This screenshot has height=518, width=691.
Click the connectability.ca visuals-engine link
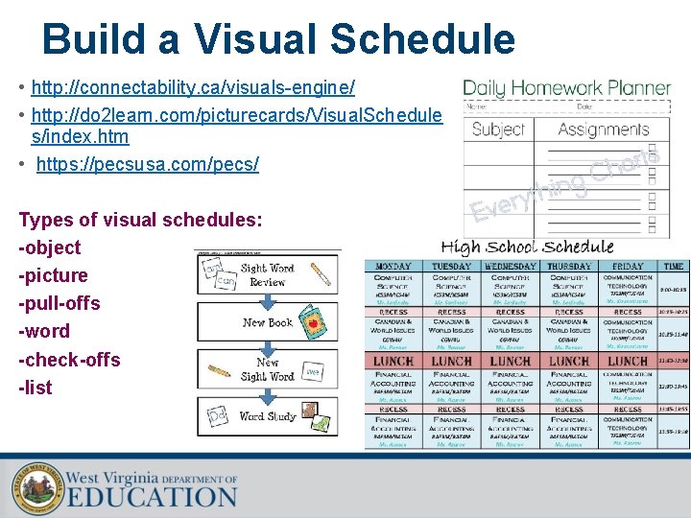[x=193, y=88]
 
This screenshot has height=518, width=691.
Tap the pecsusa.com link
[x=147, y=164]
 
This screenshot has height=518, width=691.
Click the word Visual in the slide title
[x=256, y=39]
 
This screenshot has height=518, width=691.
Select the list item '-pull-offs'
[x=60, y=303]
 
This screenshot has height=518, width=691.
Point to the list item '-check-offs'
[x=70, y=360]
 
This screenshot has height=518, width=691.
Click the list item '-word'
[x=44, y=331]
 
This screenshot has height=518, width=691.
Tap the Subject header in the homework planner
[x=499, y=129]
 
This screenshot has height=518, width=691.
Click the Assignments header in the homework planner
[x=604, y=129]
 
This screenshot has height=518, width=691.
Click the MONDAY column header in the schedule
[x=393, y=266]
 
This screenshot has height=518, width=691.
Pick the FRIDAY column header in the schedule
[x=628, y=266]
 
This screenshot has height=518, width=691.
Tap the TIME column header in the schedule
[x=674, y=266]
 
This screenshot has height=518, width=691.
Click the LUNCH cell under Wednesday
[x=511, y=361]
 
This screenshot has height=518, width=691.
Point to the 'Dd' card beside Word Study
[x=218, y=415]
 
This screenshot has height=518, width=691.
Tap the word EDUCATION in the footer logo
[x=152, y=496]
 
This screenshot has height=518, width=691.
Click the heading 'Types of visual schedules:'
[x=140, y=220]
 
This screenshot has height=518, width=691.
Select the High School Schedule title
[x=527, y=246]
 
